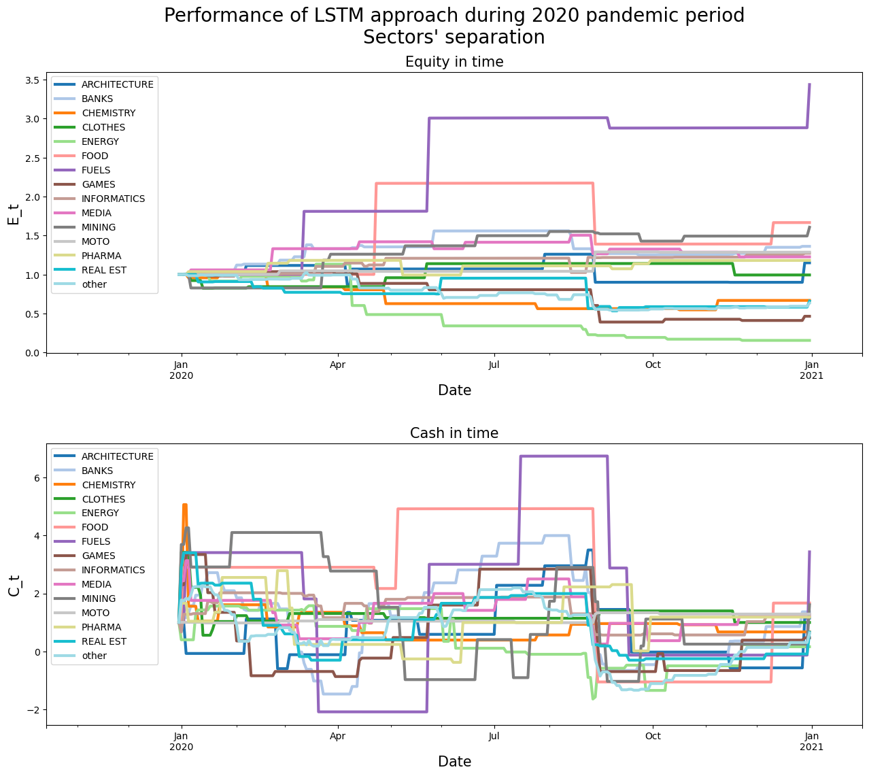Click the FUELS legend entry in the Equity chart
[95, 170]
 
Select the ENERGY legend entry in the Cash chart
[100, 513]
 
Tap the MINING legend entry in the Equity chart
[98, 227]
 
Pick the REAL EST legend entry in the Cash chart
[103, 641]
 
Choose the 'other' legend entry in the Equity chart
[94, 284]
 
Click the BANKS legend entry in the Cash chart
[97, 471]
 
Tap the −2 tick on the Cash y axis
[33, 710]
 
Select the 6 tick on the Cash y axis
[37, 478]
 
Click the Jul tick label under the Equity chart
[494, 365]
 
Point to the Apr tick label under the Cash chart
[337, 736]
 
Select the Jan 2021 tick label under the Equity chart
[811, 370]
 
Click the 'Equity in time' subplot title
[454, 62]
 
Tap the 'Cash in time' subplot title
[454, 433]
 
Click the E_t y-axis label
[14, 212]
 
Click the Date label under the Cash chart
[454, 761]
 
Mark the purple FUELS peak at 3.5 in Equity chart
[809, 84]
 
